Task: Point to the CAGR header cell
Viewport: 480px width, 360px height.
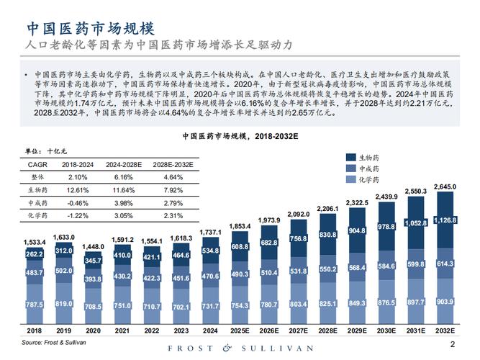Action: coord(37,164)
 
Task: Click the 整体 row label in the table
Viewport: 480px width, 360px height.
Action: coord(37,177)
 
